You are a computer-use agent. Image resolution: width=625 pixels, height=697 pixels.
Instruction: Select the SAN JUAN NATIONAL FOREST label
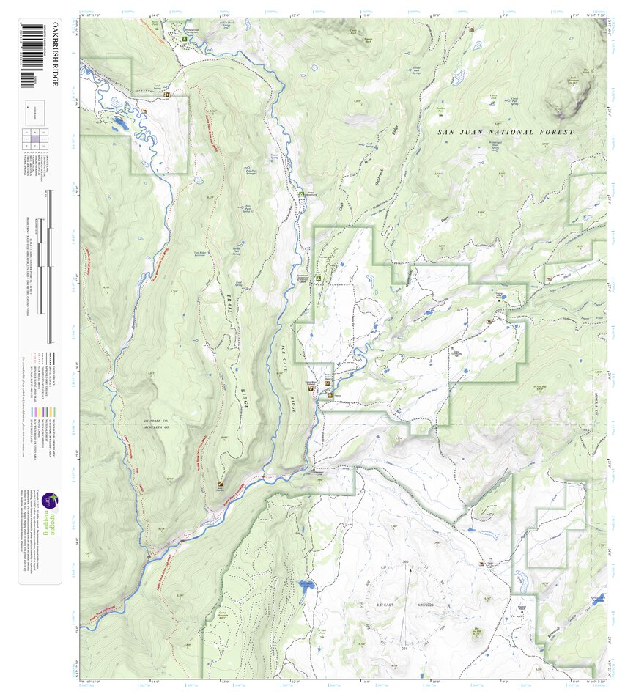(x=506, y=132)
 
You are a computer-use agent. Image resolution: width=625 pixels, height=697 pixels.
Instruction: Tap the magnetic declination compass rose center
(x=405, y=605)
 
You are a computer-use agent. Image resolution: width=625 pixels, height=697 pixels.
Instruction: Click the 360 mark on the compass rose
(x=405, y=563)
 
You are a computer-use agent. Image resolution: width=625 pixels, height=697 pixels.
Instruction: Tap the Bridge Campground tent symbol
(x=301, y=193)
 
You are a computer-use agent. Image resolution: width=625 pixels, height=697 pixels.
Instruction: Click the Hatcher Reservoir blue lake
(x=306, y=586)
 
